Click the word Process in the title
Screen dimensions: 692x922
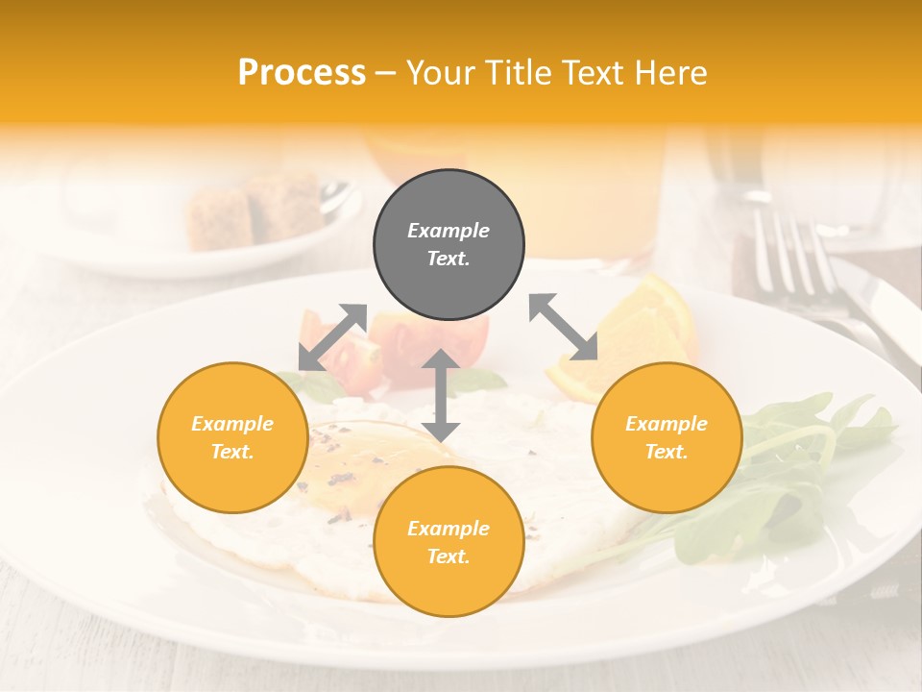coord(302,73)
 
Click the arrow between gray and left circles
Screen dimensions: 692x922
coord(333,336)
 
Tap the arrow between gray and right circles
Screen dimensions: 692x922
coord(564,327)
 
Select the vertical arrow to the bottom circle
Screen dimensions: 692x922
coord(441,395)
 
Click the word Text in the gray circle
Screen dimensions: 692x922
coord(449,259)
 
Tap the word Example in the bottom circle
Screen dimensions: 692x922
coord(449,529)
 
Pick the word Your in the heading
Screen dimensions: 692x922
coord(439,73)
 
